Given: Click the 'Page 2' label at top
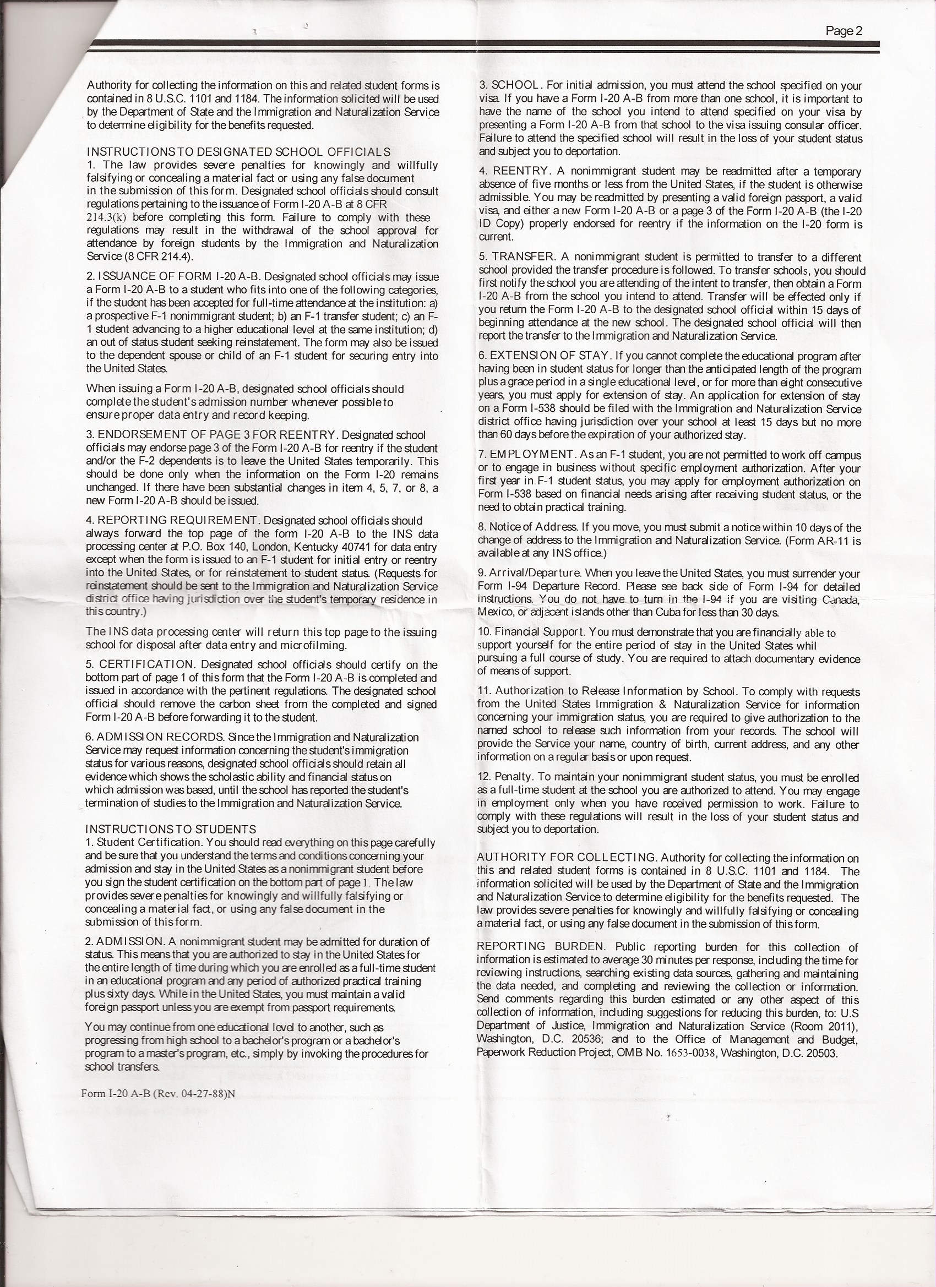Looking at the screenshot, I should (844, 31).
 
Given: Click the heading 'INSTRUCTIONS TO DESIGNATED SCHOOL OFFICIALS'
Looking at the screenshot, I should (238, 152).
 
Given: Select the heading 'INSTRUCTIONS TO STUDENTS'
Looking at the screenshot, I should (171, 829).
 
